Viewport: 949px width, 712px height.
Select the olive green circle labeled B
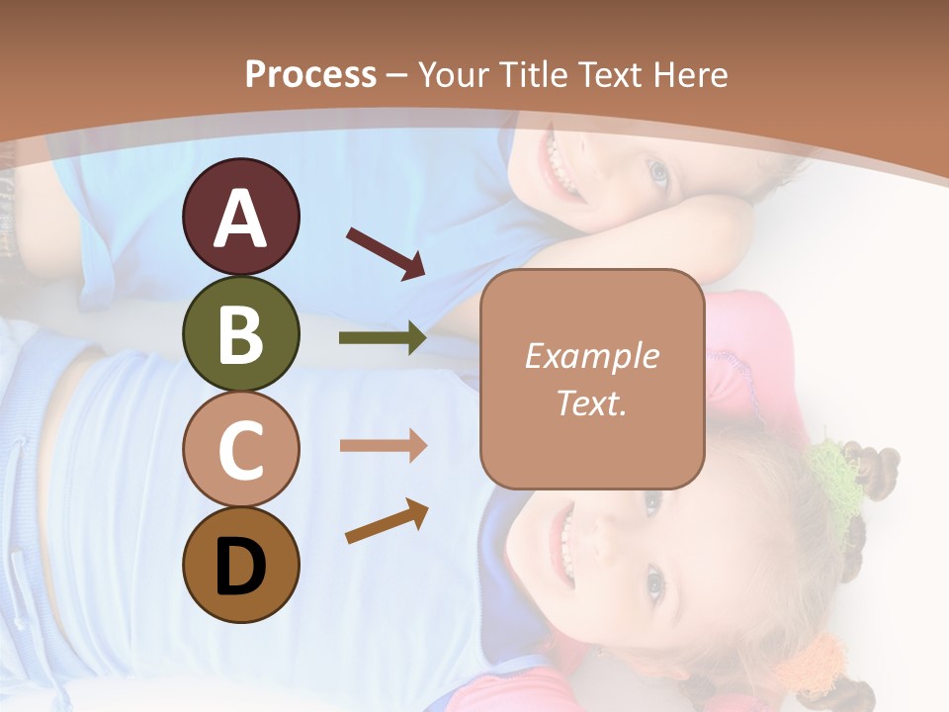(240, 333)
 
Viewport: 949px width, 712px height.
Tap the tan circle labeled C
(240, 449)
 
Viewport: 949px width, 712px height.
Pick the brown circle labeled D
(240, 565)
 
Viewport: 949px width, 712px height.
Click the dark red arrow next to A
(386, 252)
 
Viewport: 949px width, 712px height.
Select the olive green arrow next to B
(383, 338)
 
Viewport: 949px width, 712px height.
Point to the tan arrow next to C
(383, 446)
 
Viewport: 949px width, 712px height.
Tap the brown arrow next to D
(387, 522)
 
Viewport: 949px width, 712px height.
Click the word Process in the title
(310, 75)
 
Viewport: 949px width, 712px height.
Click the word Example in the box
(591, 356)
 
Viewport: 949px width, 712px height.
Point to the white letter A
(240, 219)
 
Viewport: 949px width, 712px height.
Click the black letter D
(240, 567)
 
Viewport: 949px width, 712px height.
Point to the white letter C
(240, 450)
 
